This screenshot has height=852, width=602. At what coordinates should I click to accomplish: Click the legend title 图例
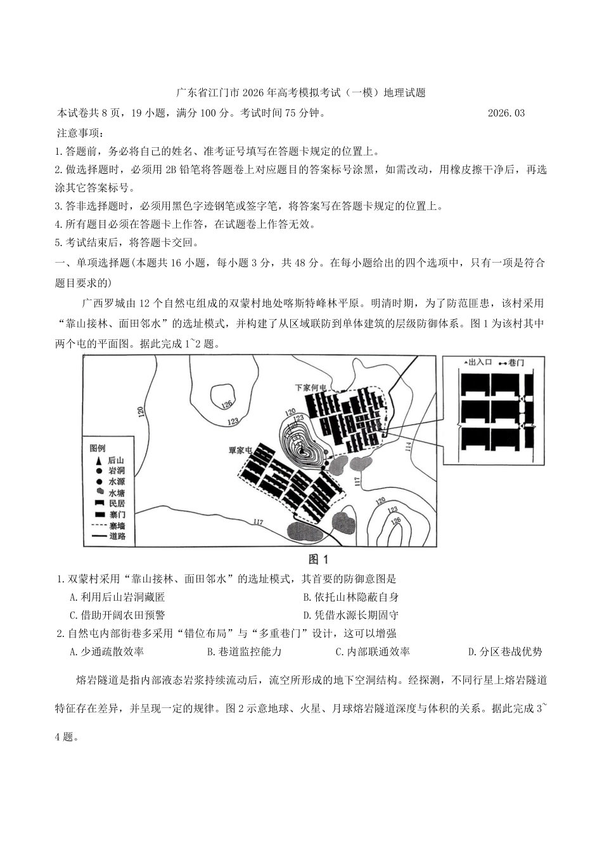pyautogui.click(x=98, y=448)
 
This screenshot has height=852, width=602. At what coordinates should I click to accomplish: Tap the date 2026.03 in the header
pyautogui.click(x=506, y=113)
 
